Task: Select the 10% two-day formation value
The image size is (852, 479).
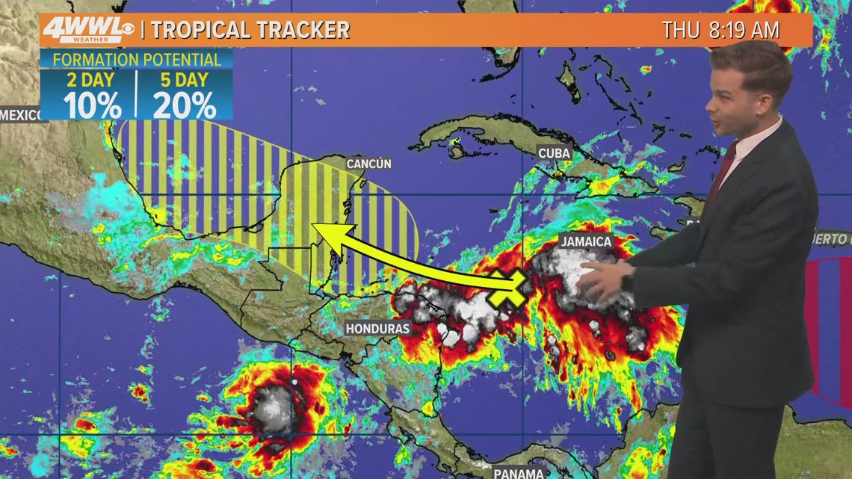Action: pyautogui.click(x=92, y=104)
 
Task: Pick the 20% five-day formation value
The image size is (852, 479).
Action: pyautogui.click(x=184, y=104)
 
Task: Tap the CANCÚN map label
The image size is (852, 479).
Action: pyautogui.click(x=368, y=164)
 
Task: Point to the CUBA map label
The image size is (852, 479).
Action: pyautogui.click(x=554, y=153)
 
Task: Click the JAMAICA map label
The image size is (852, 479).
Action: pyautogui.click(x=587, y=241)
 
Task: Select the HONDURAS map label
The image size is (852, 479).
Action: pyautogui.click(x=377, y=328)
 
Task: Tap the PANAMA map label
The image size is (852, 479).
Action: pyautogui.click(x=519, y=472)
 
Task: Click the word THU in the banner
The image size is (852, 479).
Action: pyautogui.click(x=680, y=30)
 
